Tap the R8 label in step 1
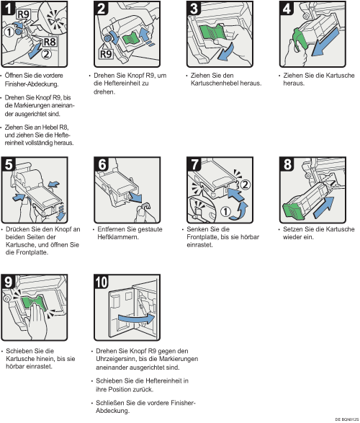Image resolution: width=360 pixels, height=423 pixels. click(x=50, y=42)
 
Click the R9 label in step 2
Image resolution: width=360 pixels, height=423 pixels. click(x=106, y=55)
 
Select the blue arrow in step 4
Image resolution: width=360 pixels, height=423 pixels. click(x=325, y=43)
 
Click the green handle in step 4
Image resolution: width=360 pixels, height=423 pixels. click(x=300, y=40)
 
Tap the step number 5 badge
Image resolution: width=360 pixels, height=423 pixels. click(x=8, y=164)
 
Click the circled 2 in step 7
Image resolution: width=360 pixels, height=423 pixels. click(x=245, y=184)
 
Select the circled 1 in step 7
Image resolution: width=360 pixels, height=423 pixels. click(x=226, y=211)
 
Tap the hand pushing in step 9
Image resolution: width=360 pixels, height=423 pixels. click(x=37, y=321)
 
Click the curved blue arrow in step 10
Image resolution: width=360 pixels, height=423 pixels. click(x=136, y=319)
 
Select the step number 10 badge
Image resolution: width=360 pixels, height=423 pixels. click(x=101, y=282)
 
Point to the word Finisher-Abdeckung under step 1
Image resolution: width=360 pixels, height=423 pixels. click(x=31, y=84)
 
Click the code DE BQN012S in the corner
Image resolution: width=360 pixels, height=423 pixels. click(x=347, y=419)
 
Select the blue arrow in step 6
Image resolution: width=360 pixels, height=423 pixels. click(x=135, y=197)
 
